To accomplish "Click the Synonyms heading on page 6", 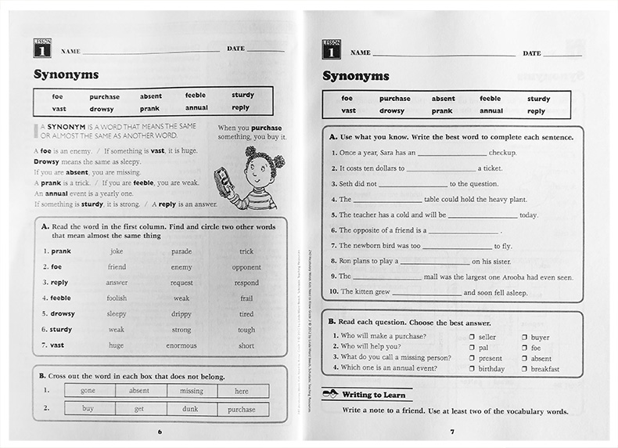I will [66, 75].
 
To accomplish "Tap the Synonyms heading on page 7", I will [356, 76].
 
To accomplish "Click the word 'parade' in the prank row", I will [181, 251].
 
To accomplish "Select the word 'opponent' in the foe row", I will [246, 267].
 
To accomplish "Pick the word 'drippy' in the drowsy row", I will [181, 313].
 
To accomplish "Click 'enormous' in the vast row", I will [181, 345].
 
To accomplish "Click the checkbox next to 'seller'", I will [472, 336].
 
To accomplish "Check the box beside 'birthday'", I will [472, 368].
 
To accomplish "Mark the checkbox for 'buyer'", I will [524, 336].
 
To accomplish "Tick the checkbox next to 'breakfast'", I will [524, 368].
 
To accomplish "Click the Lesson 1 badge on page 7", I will [331, 49].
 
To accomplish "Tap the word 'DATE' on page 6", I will [235, 49].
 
